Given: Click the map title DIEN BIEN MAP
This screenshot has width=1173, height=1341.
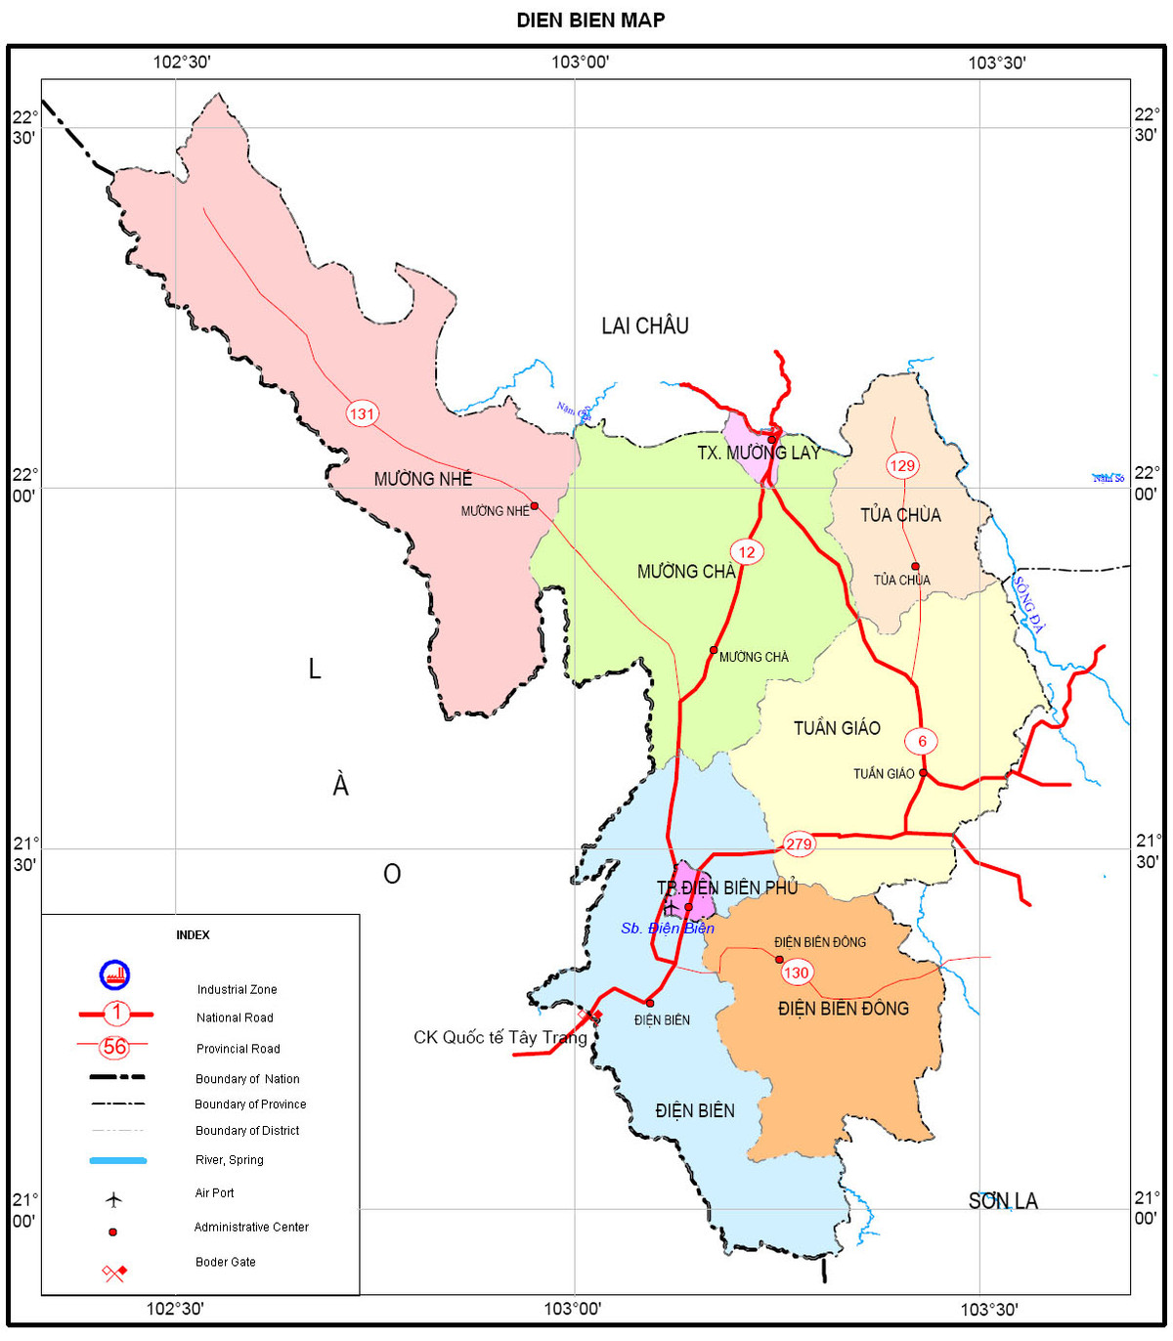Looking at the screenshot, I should [590, 20].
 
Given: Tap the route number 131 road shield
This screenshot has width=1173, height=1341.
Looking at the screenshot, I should [362, 413].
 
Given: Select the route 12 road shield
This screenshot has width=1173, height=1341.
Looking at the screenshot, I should [747, 552].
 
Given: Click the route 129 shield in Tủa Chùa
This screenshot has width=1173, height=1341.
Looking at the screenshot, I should [902, 465].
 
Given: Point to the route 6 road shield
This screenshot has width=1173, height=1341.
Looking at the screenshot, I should [922, 741].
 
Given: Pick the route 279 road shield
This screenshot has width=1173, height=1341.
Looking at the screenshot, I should [799, 844].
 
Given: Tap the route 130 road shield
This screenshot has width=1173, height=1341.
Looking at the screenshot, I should [797, 972].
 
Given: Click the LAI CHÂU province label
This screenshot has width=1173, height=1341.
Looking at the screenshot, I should [645, 326].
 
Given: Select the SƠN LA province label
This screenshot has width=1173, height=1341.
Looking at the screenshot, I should [1003, 1201].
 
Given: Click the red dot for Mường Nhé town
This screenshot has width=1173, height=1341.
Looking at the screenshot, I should [535, 506].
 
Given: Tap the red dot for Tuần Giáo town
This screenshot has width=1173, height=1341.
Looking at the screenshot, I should [923, 773].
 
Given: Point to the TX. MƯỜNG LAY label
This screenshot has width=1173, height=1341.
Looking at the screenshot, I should [759, 453].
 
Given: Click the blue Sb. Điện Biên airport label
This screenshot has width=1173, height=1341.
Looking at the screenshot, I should [668, 929].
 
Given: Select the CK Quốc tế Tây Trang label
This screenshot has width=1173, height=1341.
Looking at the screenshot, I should [500, 1038].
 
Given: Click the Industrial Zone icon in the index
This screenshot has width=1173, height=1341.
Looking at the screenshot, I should [114, 974].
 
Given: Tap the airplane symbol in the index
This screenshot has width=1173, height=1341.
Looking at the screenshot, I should [114, 1198].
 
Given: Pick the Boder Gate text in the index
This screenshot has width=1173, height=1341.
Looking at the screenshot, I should [225, 1262].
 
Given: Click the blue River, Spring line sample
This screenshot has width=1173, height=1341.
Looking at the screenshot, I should [118, 1160].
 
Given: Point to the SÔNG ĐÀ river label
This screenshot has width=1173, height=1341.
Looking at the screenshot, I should [1029, 605].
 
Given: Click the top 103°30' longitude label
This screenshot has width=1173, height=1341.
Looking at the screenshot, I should [997, 64].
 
